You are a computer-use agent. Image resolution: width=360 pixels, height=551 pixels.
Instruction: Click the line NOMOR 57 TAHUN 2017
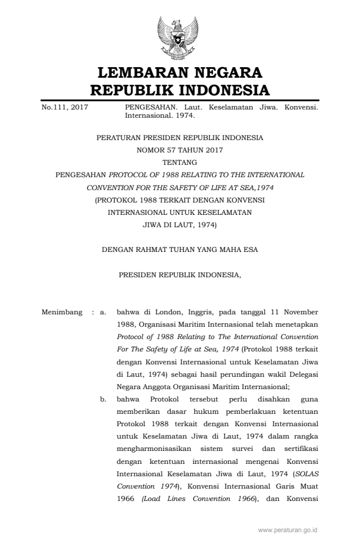[179, 150]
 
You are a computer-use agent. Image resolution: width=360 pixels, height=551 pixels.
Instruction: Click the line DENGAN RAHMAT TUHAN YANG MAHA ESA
[179, 250]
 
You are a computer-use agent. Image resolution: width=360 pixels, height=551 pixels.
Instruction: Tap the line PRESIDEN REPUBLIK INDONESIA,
[179, 275]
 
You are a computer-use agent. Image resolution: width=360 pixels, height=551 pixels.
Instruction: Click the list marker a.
[103, 311]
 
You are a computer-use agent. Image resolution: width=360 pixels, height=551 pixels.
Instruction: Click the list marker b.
[103, 399]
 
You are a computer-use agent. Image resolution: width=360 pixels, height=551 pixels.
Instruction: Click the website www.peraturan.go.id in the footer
[288, 530]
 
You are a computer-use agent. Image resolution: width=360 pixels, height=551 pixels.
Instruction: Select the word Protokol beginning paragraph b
[158, 399]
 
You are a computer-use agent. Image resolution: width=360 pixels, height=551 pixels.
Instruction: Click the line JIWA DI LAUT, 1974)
[179, 224]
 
